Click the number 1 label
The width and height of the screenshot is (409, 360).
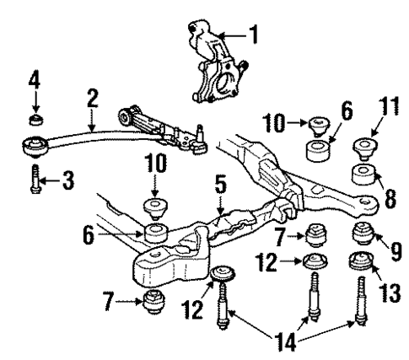click(x=254, y=36)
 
